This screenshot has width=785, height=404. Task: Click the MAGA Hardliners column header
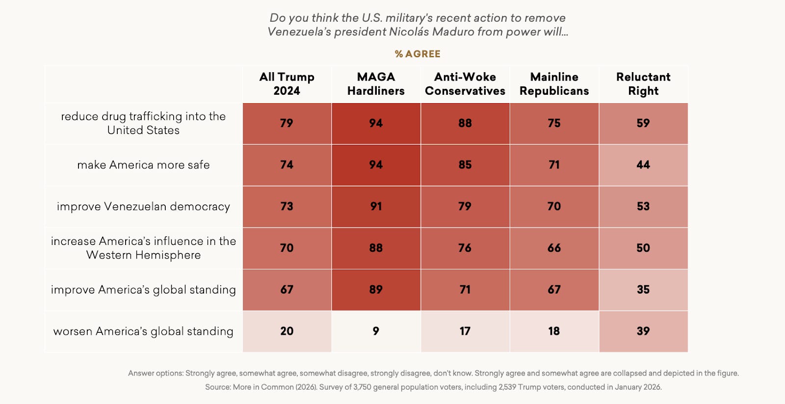click(376, 84)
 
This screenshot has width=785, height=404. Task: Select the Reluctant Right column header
click(643, 84)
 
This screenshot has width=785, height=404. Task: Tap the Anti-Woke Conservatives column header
click(465, 84)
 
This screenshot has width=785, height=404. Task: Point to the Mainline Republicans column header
click(554, 84)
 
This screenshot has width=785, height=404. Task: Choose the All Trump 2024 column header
click(287, 84)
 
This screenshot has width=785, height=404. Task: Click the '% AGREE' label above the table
click(418, 54)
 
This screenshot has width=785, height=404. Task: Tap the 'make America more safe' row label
click(143, 165)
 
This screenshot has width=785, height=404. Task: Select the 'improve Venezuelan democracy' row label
click(143, 207)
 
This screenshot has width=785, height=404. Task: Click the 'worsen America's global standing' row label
click(143, 331)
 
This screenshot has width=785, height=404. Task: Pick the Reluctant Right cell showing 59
click(643, 123)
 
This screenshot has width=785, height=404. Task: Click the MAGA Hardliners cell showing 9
click(376, 331)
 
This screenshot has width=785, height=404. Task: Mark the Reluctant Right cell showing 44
click(643, 165)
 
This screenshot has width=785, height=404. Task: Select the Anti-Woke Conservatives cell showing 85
click(465, 165)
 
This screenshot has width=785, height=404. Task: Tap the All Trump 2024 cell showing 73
click(287, 207)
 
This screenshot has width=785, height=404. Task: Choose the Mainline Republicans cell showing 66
click(554, 248)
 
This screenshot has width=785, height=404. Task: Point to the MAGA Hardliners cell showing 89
click(376, 290)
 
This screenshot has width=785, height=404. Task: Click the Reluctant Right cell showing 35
click(643, 290)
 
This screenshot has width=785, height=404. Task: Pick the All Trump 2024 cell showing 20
click(287, 331)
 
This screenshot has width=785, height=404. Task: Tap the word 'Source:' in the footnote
click(218, 387)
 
